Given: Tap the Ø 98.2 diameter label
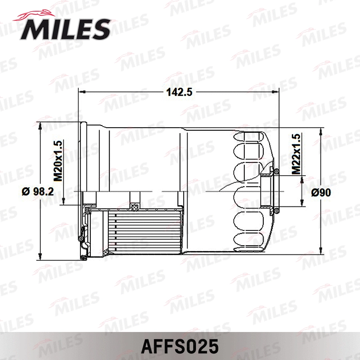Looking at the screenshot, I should point(38,192).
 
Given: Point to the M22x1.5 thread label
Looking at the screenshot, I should point(296,154).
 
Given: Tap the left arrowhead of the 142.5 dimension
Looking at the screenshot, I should point(81,92).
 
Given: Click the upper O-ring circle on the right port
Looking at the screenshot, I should point(276,171).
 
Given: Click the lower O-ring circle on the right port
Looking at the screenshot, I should point(276,209).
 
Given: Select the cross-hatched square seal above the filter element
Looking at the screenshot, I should point(134,207).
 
